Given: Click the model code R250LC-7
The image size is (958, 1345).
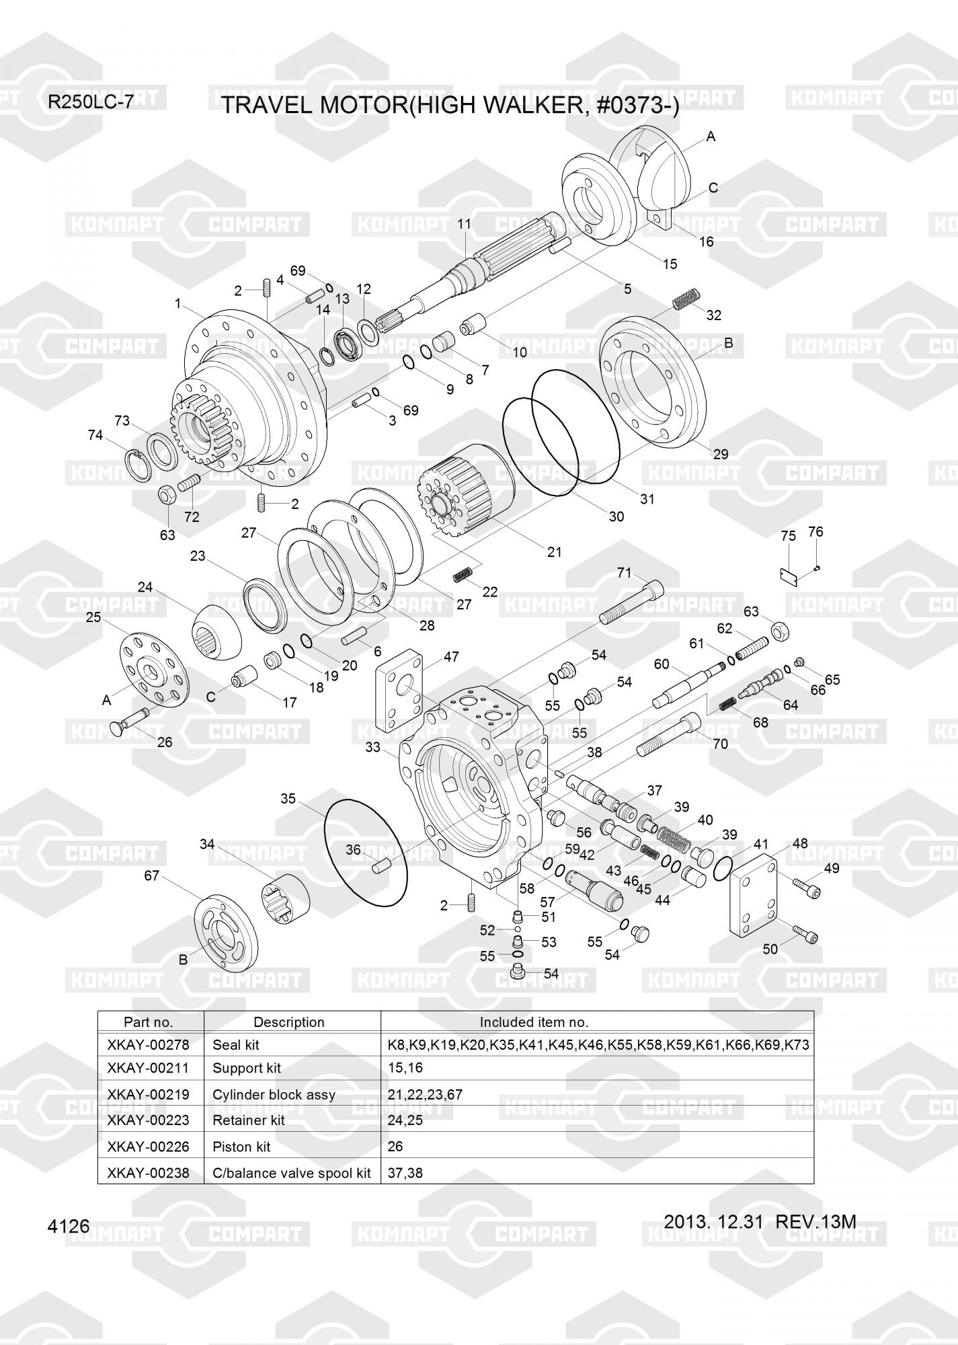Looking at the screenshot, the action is click(x=91, y=102).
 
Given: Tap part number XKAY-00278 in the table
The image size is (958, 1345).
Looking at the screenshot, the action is click(x=148, y=1044).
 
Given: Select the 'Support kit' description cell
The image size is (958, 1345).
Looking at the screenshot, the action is click(x=247, y=1068).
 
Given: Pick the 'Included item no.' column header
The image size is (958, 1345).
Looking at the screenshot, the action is click(x=534, y=1022).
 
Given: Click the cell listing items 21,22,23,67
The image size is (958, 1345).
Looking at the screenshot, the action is click(x=425, y=1094).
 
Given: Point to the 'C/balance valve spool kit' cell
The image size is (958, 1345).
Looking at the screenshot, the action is click(x=292, y=1173).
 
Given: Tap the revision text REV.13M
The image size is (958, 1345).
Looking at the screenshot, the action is click(x=815, y=1221).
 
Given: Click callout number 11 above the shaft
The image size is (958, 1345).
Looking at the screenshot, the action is click(x=465, y=224).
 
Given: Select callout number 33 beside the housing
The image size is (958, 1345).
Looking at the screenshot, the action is click(x=373, y=747).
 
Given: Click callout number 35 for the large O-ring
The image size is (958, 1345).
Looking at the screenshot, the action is click(x=288, y=799).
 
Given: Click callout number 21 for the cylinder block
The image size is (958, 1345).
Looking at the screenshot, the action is click(x=554, y=552).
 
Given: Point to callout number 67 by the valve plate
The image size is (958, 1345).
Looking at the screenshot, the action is click(x=152, y=875).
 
